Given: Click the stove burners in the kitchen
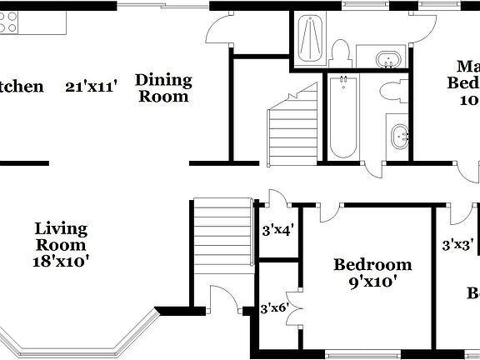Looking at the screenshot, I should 8,22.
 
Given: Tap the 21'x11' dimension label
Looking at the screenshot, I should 92,86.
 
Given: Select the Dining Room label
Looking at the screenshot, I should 163,87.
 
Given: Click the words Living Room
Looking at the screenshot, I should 61,237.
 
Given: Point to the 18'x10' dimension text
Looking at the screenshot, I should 62,261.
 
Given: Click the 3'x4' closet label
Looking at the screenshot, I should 277,231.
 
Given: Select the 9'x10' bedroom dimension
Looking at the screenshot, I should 372,282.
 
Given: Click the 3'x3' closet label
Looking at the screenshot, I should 457,245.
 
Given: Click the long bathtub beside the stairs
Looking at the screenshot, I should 342,117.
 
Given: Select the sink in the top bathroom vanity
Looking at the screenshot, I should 386,59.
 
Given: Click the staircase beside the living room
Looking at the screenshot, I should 222,233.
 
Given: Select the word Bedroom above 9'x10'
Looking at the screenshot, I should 372,265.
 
